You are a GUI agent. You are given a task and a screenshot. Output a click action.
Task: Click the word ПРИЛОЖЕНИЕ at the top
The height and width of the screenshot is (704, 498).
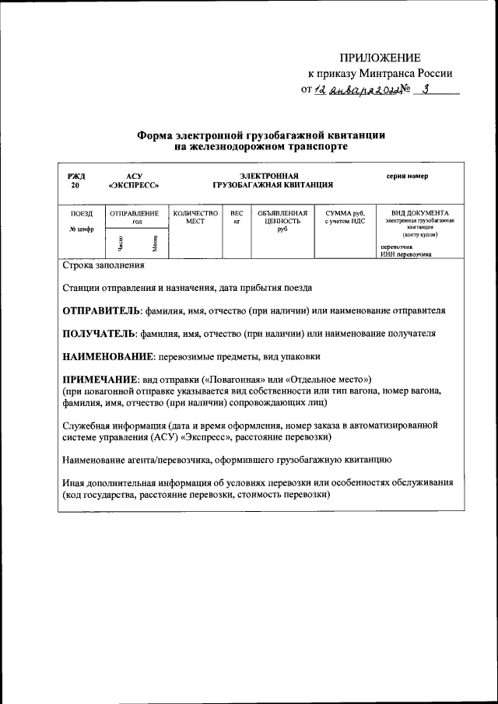[x=380, y=58]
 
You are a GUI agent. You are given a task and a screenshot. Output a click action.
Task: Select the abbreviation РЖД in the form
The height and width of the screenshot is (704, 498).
[x=76, y=176]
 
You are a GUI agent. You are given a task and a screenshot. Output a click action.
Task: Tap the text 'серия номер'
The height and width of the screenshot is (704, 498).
[x=407, y=176]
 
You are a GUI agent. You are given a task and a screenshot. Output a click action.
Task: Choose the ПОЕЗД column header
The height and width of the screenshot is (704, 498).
[x=82, y=213]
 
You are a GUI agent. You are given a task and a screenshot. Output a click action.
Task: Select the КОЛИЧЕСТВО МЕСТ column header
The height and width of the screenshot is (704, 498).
[x=195, y=217]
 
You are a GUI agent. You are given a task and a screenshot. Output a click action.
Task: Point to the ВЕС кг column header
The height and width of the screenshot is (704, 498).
[x=237, y=217]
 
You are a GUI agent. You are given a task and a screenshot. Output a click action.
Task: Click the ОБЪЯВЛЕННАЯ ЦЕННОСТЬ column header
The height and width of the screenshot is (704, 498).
[x=282, y=217]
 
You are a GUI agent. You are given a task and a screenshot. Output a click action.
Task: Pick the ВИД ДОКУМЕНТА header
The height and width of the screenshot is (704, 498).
[x=419, y=213]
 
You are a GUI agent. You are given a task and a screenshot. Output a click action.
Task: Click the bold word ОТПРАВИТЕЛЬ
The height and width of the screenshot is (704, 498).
[x=102, y=310]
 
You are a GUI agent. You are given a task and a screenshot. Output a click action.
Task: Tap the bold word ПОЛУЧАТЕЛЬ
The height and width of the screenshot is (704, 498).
[x=99, y=333]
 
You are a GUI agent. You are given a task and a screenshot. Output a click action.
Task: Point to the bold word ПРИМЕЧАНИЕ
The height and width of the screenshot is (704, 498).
[x=100, y=378]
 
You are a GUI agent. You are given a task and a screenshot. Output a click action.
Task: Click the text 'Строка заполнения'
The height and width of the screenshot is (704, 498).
[x=103, y=265]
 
